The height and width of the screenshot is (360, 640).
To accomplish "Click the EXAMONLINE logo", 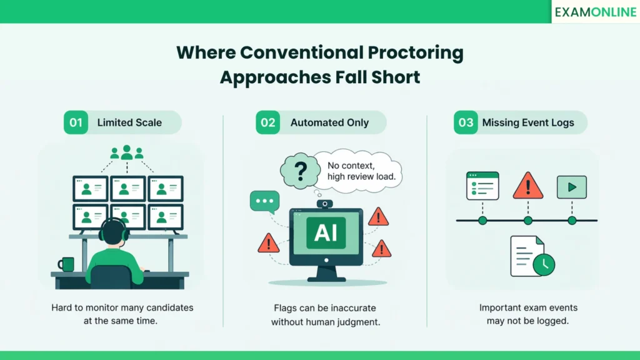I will pyautogui.click(x=595, y=12).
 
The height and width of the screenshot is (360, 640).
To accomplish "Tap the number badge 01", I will pyautogui.click(x=76, y=122).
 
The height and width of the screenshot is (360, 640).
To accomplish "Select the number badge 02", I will pyautogui.click(x=267, y=122).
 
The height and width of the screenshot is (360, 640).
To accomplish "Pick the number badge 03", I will pyautogui.click(x=466, y=122).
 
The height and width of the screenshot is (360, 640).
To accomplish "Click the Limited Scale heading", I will pyautogui.click(x=129, y=122).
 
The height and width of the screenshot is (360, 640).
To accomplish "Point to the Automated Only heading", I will pyautogui.click(x=329, y=122).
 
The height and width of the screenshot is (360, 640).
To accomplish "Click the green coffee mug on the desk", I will pyautogui.click(x=65, y=264).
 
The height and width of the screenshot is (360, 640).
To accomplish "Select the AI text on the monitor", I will pyautogui.click(x=326, y=232).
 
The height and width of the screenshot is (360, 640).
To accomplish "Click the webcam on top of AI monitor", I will pyautogui.click(x=324, y=204).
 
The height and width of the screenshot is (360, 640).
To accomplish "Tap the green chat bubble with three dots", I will pyautogui.click(x=264, y=202).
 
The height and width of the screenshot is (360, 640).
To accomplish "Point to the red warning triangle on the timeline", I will pyautogui.click(x=527, y=186).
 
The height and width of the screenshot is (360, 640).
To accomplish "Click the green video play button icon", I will pyautogui.click(x=571, y=186).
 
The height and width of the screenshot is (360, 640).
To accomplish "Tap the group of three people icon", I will pyautogui.click(x=127, y=152).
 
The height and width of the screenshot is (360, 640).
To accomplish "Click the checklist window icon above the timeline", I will pyautogui.click(x=482, y=186).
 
